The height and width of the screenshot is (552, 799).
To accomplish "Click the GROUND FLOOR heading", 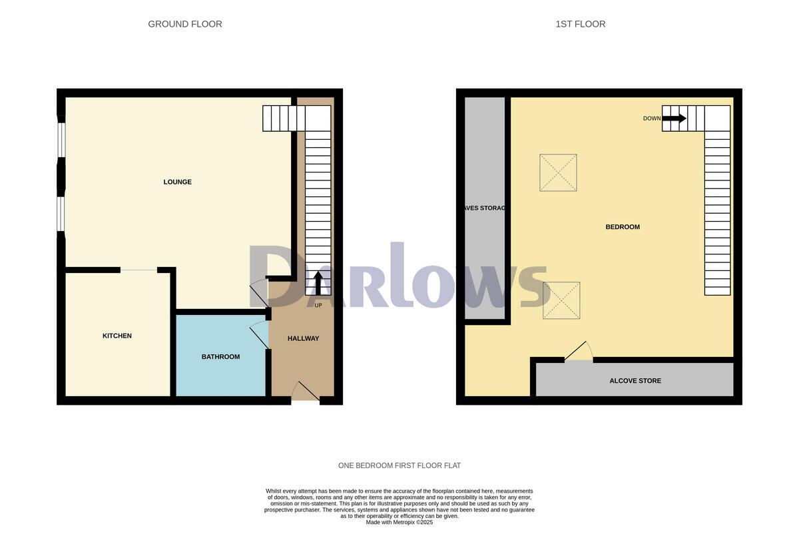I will point(185,24).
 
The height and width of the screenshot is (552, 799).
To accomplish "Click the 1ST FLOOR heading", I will point(581,24).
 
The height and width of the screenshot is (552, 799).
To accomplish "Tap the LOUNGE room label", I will point(177,182).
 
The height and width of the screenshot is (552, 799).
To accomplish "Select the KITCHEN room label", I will point(117,336).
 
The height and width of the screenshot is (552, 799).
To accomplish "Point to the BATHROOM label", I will point(220,357).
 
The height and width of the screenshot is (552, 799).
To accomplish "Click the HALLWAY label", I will point(303,338).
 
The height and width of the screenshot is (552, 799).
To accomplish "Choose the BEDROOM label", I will point(622,227).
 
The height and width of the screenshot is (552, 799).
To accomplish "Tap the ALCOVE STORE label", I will point(635,381).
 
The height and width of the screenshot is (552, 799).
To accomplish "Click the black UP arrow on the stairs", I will point(318,283).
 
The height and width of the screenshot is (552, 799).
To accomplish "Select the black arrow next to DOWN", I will point(674,119).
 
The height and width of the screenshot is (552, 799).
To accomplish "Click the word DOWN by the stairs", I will point(652,119).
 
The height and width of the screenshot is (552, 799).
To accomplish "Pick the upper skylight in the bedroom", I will point(558,172).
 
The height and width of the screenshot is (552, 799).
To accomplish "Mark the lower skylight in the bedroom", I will point(561,300).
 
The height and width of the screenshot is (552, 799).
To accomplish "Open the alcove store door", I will point(578,352).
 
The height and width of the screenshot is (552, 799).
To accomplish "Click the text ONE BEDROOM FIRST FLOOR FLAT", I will point(399,465).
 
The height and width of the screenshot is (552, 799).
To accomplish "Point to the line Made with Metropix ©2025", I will point(399,523).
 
